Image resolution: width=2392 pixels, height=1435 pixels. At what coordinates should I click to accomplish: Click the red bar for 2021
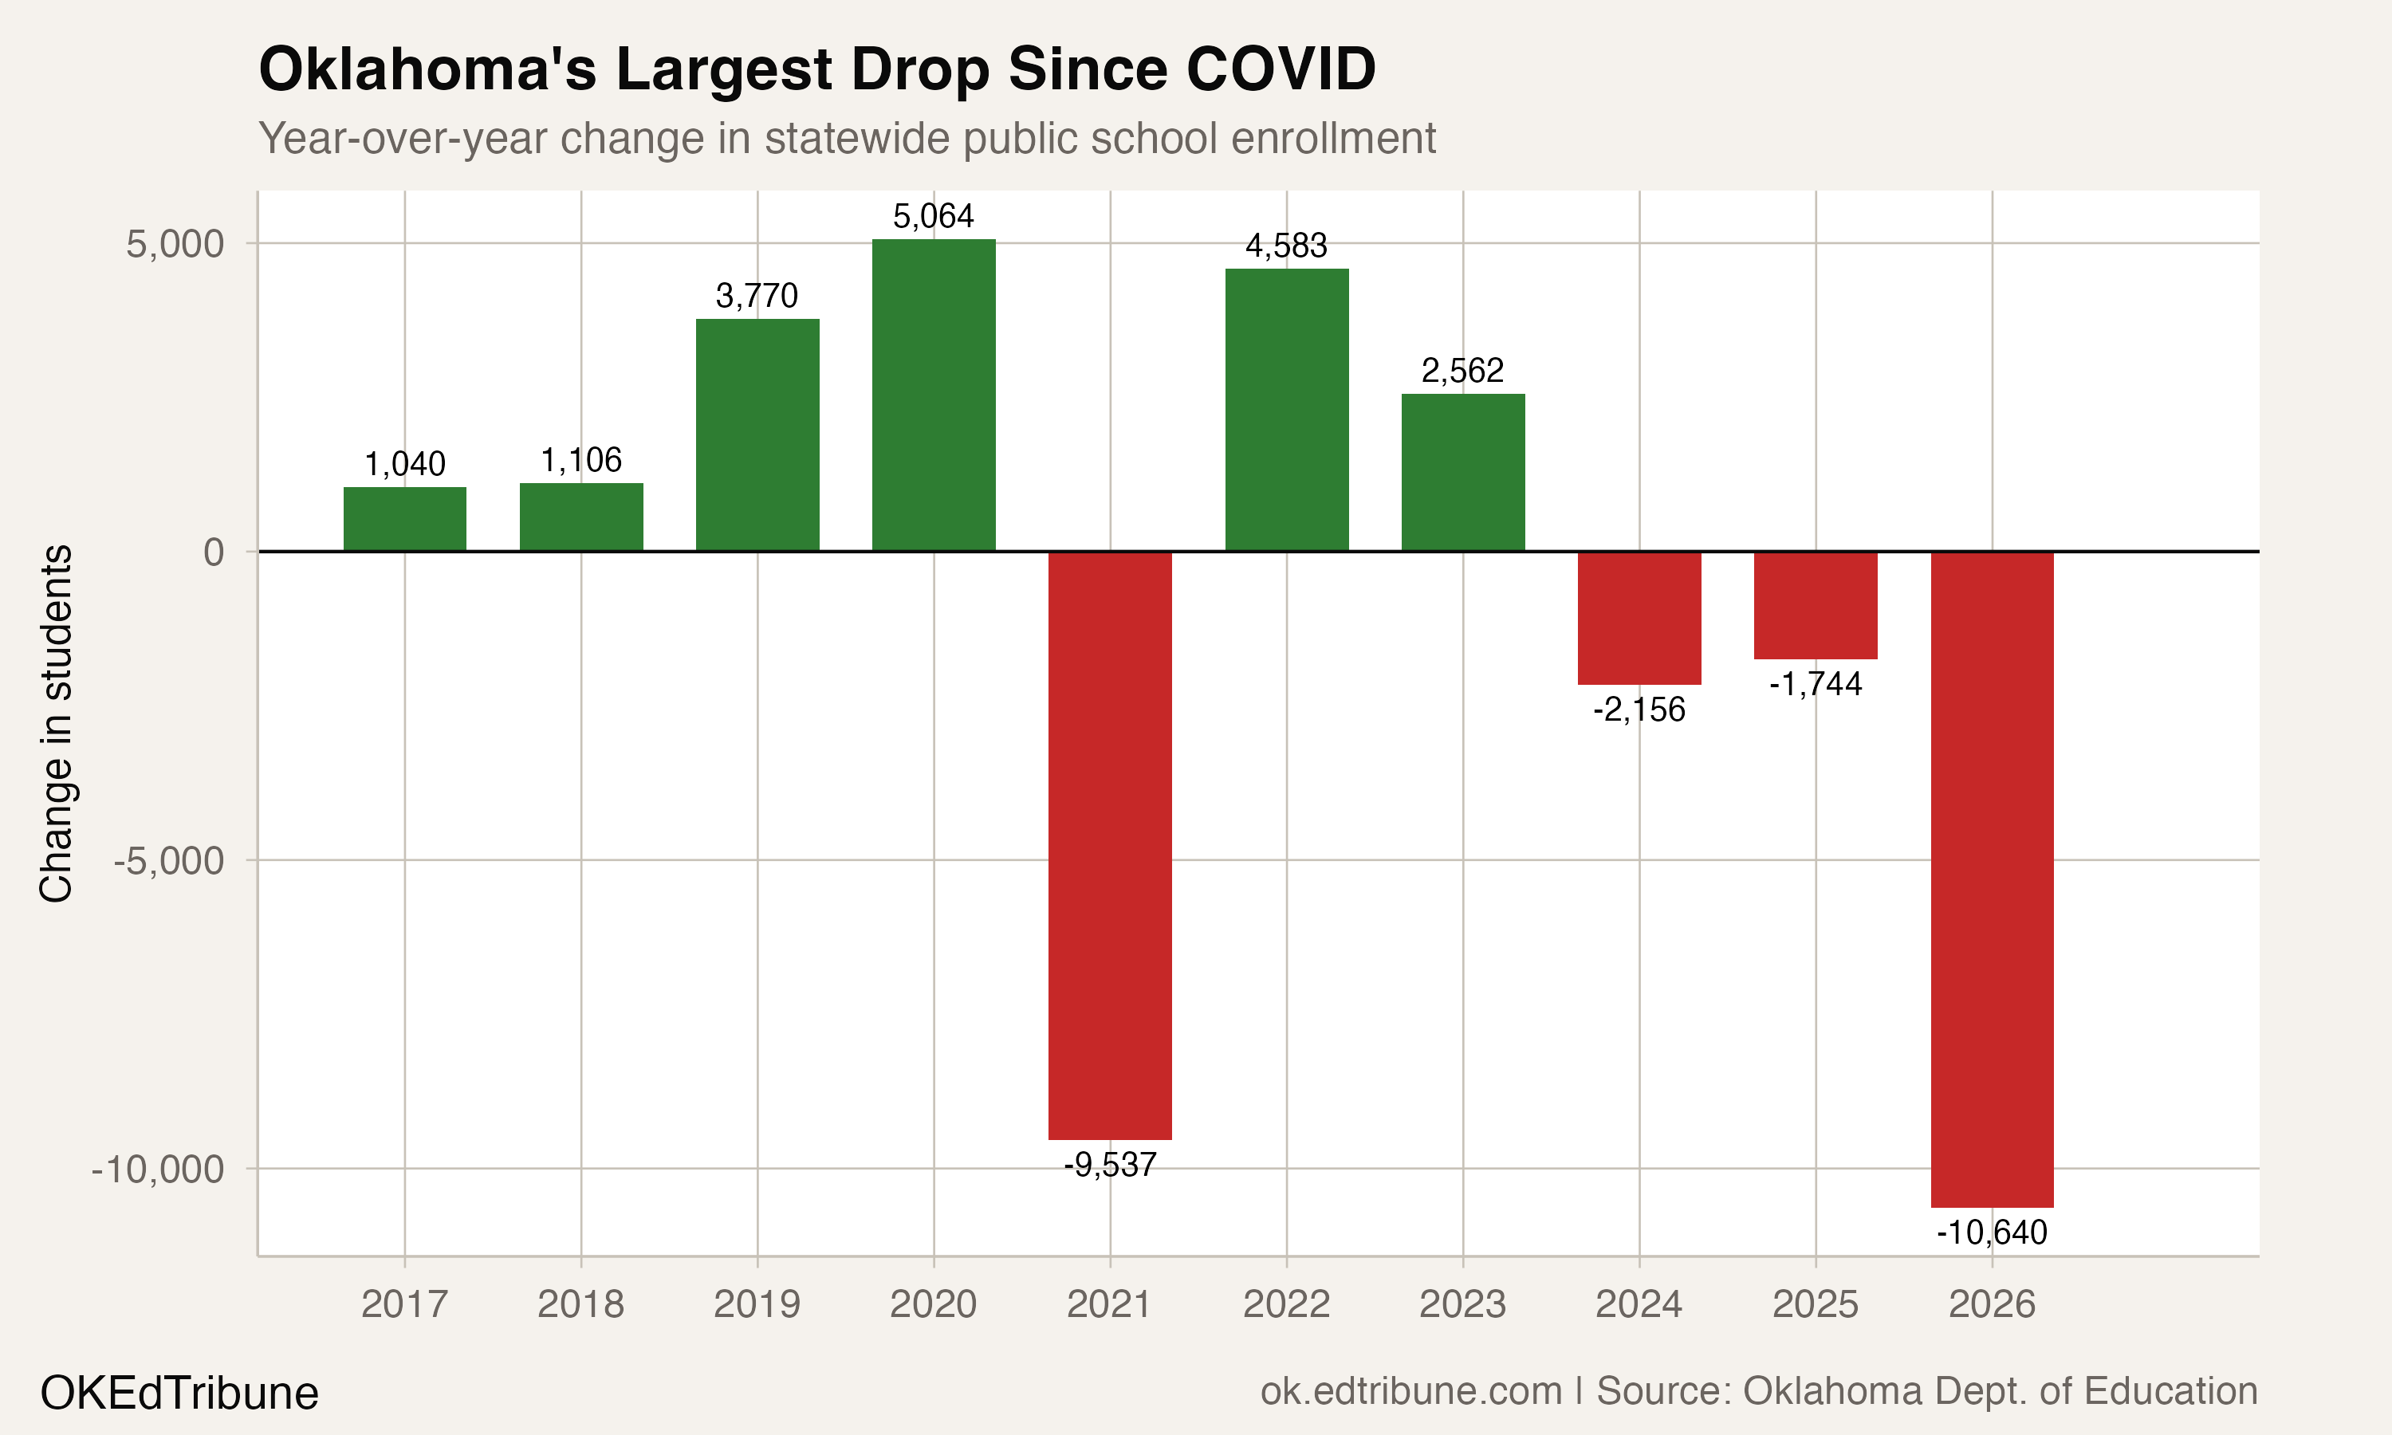pos(1110,845)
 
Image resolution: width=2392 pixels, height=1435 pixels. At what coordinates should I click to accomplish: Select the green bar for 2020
pos(934,395)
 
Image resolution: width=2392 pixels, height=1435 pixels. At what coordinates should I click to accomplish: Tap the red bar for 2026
pos(1992,879)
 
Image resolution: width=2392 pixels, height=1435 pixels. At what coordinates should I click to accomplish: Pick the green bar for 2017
pos(405,519)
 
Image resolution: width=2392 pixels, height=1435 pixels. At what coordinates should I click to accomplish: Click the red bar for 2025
pos(1816,605)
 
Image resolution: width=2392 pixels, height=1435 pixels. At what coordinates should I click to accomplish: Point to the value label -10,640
pos(1992,1233)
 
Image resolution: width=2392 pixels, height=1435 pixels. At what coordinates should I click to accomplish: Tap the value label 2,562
pos(1463,372)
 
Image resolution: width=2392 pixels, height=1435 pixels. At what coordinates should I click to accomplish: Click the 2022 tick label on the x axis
pos(1286,1305)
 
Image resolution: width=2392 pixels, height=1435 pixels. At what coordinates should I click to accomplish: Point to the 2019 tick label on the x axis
pos(757,1305)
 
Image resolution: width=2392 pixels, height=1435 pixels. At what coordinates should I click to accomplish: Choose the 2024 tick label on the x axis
pos(1639,1305)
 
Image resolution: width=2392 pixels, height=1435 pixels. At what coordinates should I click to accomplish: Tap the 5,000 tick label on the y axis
pos(175,245)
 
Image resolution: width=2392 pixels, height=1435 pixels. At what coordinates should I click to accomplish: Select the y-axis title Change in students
pos(56,723)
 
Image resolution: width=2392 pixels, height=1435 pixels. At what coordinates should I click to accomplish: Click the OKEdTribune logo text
pos(180,1394)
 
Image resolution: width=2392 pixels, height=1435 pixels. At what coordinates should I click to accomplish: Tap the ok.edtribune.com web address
pos(1411,1391)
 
